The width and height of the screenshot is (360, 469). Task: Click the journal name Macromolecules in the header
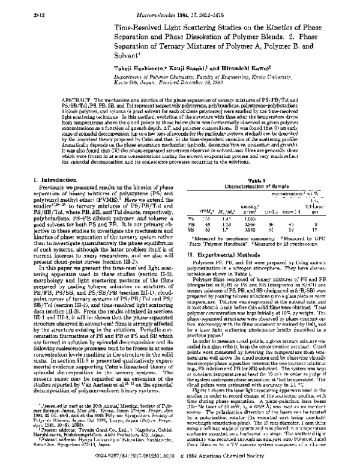pos(158,7)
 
